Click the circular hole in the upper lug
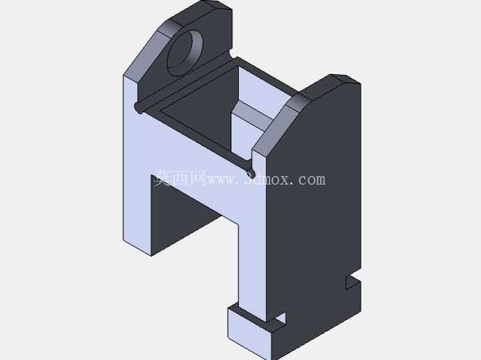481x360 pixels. click(185, 53)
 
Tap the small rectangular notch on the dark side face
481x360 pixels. click(352, 281)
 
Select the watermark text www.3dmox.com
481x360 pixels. click(266, 178)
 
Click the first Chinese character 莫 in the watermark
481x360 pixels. click(162, 178)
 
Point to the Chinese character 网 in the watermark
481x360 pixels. click(198, 178)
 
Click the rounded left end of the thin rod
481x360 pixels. click(138, 107)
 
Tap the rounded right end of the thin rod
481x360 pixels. click(250, 173)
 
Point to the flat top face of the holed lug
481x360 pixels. click(200, 12)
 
